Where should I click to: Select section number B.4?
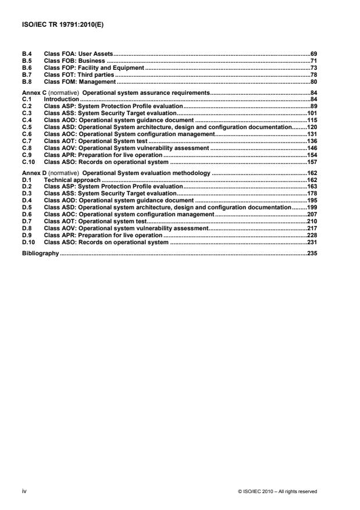(x=27, y=54)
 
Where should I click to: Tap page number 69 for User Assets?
(x=313, y=54)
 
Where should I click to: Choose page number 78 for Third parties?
(x=313, y=75)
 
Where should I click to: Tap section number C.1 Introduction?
(x=27, y=100)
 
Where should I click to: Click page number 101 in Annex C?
(x=312, y=115)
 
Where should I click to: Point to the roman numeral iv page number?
(x=24, y=491)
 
